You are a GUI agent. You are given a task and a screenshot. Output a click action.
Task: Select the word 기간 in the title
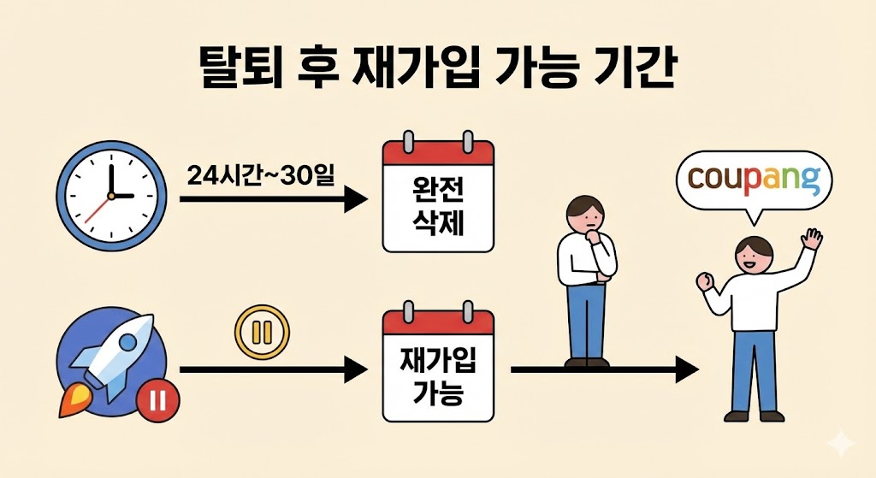pos(634,67)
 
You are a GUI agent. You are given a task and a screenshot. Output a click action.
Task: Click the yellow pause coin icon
pos(262,331)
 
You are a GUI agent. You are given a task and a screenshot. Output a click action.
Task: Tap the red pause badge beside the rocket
pos(157,398)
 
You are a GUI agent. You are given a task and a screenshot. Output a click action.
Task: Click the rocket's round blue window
pos(127,344)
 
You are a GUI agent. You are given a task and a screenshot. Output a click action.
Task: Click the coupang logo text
pos(753,180)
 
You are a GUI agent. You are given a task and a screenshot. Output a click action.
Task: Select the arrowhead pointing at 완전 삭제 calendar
pos(356,200)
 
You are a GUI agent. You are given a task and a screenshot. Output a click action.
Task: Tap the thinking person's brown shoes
pos(587,363)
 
